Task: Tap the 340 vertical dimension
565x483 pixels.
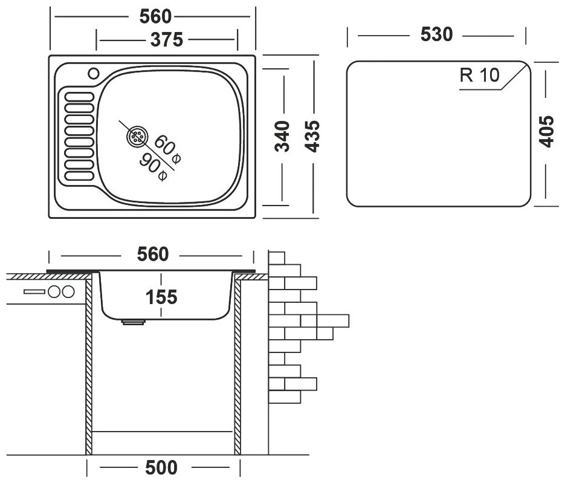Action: (285, 135)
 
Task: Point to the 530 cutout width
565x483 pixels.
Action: (436, 35)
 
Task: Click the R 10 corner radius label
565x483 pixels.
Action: (479, 75)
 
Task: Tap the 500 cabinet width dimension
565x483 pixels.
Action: (163, 468)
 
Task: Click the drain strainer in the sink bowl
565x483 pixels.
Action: (137, 137)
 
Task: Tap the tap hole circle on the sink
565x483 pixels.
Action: (94, 74)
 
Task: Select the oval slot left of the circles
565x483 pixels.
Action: (34, 292)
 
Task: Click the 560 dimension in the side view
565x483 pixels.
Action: (152, 255)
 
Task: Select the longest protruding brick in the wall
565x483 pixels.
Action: (326, 320)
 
